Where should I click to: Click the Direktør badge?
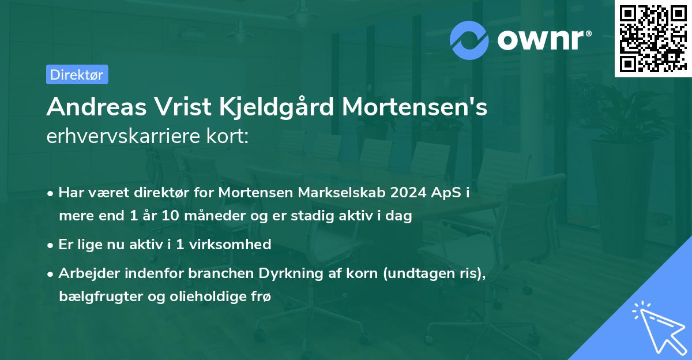[77, 74]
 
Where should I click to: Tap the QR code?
[653, 39]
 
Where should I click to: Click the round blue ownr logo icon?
[469, 39]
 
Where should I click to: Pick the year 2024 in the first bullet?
[403, 193]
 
